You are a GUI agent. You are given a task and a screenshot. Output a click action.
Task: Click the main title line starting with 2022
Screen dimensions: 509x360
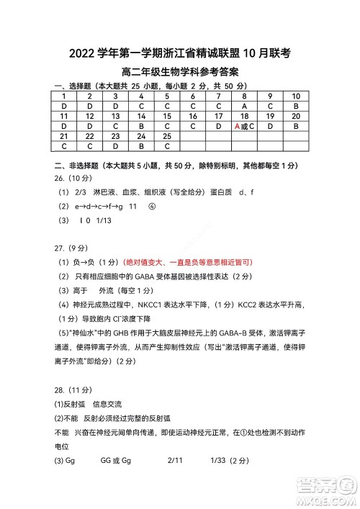tap(180, 53)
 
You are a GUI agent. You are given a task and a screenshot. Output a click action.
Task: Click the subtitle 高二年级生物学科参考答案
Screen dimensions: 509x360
tap(180, 72)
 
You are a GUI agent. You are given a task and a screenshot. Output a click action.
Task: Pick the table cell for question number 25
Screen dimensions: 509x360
tap(167, 136)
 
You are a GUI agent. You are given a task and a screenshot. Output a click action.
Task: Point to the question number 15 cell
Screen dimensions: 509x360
tap(167, 116)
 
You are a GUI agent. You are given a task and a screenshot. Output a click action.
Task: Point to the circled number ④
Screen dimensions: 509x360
tap(152, 207)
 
